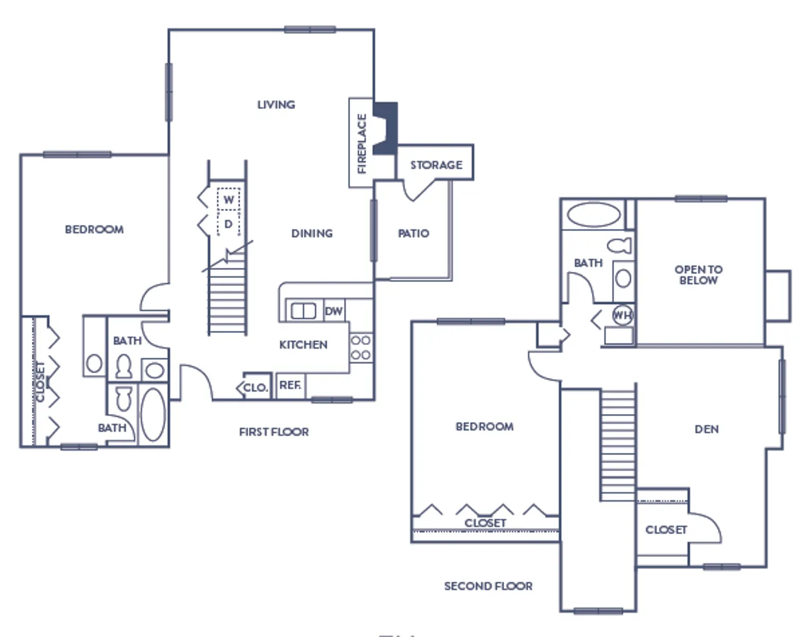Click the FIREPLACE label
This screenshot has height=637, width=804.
[361, 143]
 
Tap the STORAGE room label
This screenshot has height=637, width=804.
[436, 165]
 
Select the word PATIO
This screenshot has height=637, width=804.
[413, 233]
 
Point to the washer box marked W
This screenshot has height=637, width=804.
[229, 199]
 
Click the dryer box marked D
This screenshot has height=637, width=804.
[229, 223]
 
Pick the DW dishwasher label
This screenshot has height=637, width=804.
[334, 311]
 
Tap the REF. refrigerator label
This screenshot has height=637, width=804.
[290, 385]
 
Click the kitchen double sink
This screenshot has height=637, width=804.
[304, 311]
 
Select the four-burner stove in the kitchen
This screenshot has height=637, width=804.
[361, 348]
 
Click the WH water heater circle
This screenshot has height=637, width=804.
[623, 315]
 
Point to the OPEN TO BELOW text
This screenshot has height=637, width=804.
[698, 275]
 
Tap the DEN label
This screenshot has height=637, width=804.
[706, 429]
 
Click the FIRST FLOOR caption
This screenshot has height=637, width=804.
[274, 432]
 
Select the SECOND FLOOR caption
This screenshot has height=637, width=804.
[488, 586]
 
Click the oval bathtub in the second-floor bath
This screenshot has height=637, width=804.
[594, 214]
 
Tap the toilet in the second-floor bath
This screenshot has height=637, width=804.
[619, 246]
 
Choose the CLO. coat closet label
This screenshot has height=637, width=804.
[256, 388]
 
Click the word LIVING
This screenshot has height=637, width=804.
[276, 105]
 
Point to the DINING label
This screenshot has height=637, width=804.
[312, 233]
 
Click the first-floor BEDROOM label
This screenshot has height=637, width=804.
[94, 229]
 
